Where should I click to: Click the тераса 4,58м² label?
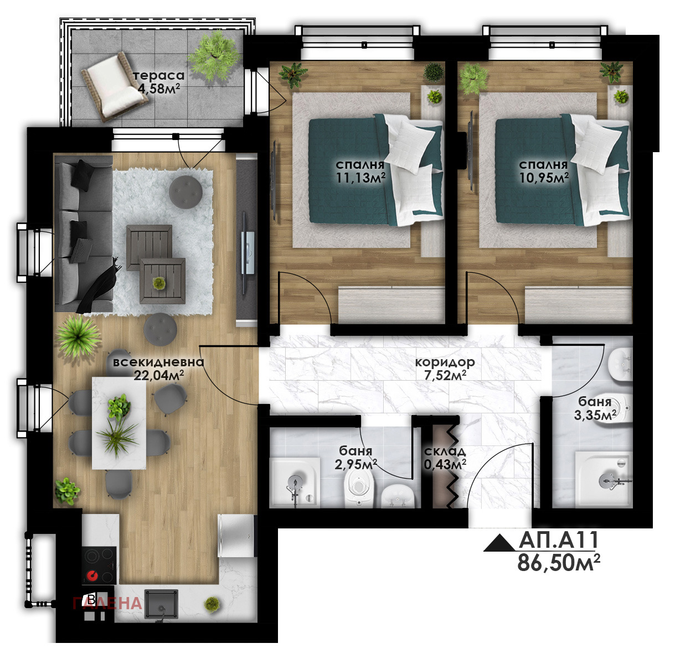[x=158, y=82]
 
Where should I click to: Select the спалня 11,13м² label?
[x=360, y=171]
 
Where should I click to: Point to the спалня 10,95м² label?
[x=544, y=171]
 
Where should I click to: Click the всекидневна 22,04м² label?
[x=158, y=369]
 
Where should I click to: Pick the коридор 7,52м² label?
[x=445, y=369]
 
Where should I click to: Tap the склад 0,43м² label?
[x=445, y=458]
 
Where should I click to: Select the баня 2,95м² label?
[x=355, y=458]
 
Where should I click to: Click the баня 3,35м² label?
[x=595, y=408]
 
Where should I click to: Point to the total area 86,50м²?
[x=559, y=563]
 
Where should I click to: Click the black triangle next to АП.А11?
[x=499, y=543]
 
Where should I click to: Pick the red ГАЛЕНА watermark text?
[x=107, y=603]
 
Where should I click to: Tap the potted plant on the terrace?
[x=214, y=55]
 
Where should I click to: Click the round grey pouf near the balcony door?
[x=186, y=191]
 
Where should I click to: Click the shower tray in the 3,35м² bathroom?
[x=604, y=479]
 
